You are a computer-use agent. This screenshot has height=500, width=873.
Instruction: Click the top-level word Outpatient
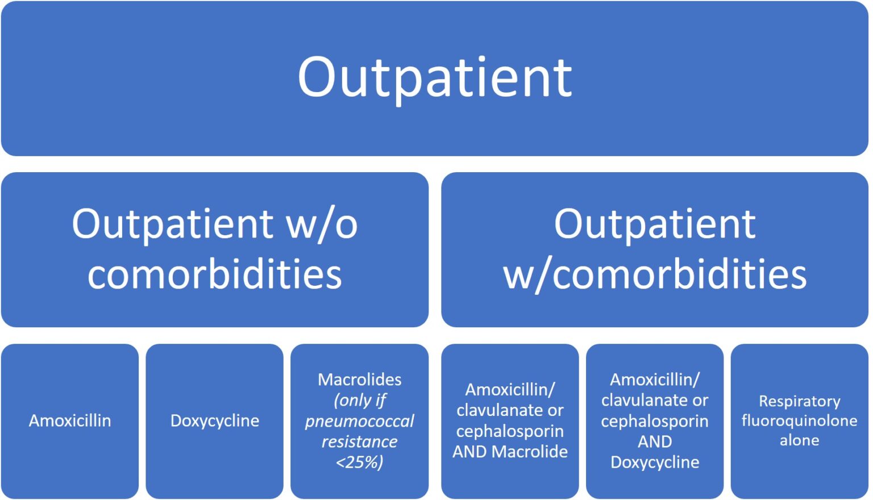(435, 77)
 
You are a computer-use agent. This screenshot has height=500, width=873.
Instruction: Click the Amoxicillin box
(70, 421)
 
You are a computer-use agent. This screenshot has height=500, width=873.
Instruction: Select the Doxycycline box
(215, 421)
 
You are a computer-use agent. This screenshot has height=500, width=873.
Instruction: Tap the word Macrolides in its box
(359, 380)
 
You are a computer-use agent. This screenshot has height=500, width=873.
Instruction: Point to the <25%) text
(359, 463)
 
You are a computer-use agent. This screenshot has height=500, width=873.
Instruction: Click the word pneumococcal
(359, 421)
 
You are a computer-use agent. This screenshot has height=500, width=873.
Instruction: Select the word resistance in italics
(359, 441)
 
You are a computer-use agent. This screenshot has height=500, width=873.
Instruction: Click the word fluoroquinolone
(799, 421)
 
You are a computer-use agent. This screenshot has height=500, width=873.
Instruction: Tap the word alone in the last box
(799, 440)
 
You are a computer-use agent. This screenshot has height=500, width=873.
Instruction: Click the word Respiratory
(799, 401)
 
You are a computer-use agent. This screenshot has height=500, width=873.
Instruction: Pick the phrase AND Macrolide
(510, 452)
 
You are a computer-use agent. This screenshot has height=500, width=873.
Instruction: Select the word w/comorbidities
(655, 274)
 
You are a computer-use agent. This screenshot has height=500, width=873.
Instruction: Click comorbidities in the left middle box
(215, 274)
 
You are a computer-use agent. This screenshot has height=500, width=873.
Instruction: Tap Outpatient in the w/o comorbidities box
(173, 224)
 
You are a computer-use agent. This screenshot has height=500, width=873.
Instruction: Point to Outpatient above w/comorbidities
(655, 224)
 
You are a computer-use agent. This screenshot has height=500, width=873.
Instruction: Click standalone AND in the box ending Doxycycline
(655, 441)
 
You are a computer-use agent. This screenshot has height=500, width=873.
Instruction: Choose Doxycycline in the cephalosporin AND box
(655, 463)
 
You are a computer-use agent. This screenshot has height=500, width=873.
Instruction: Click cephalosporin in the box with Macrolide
(510, 431)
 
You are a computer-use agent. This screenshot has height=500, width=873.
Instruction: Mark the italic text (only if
(359, 401)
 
